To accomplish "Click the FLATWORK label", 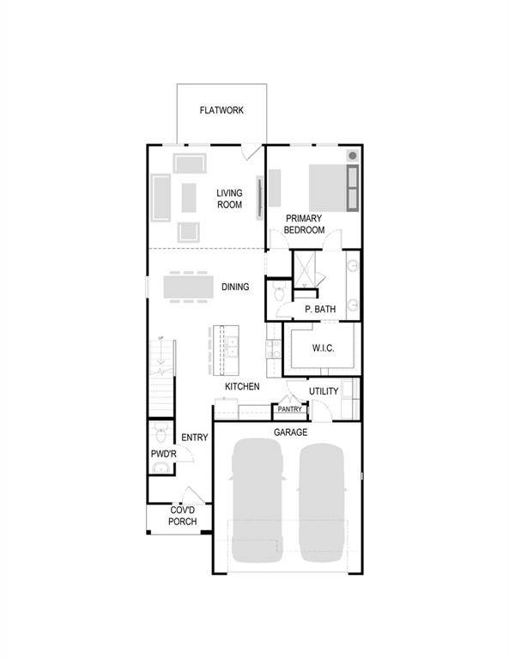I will (x=221, y=111).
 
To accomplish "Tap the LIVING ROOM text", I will (x=229, y=199).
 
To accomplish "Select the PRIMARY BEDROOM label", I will (x=305, y=225).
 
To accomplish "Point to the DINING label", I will (x=235, y=287).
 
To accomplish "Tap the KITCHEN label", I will (x=242, y=387).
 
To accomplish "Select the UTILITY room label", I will (x=324, y=391).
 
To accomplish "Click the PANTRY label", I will (x=289, y=409).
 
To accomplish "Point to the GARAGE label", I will (x=290, y=432).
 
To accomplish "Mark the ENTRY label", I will (x=195, y=438).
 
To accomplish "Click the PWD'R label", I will (x=163, y=452).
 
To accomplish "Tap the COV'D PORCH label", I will (x=182, y=516).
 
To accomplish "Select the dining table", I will (x=187, y=285).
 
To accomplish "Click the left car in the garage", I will (x=256, y=498).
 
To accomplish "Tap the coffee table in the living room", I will (x=189, y=197).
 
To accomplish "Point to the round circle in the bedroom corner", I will (x=352, y=155).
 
